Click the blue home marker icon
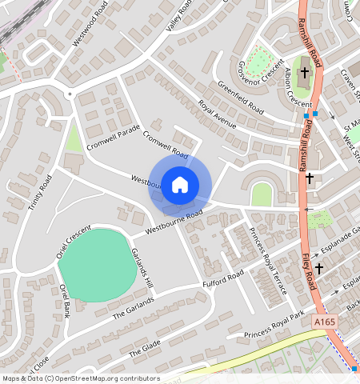click(x=180, y=184)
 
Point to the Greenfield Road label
click(x=240, y=97)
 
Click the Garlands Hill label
click(x=142, y=268)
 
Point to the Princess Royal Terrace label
click(x=268, y=260)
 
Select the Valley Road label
click(x=179, y=16)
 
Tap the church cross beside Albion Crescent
click(x=304, y=75)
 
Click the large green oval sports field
click(x=94, y=265)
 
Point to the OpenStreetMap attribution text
click(x=80, y=378)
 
